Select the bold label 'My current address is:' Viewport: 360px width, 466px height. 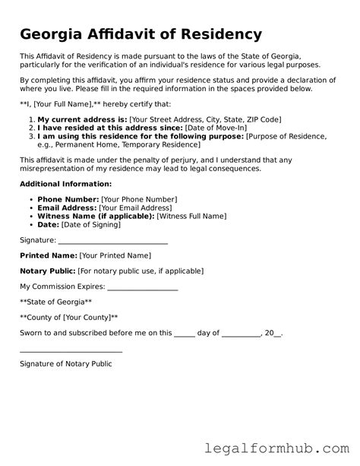coord(82,120)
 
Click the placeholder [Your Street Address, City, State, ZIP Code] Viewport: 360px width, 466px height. coord(205,120)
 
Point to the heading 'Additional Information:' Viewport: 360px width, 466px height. coord(65,184)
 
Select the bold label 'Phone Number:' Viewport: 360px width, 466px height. coord(67,199)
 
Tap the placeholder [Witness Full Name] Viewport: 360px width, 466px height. coord(197,216)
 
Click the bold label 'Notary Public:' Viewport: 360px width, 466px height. coord(47,271)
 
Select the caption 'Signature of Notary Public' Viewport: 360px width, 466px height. coord(65,364)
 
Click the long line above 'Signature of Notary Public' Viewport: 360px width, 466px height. coord(71,352)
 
